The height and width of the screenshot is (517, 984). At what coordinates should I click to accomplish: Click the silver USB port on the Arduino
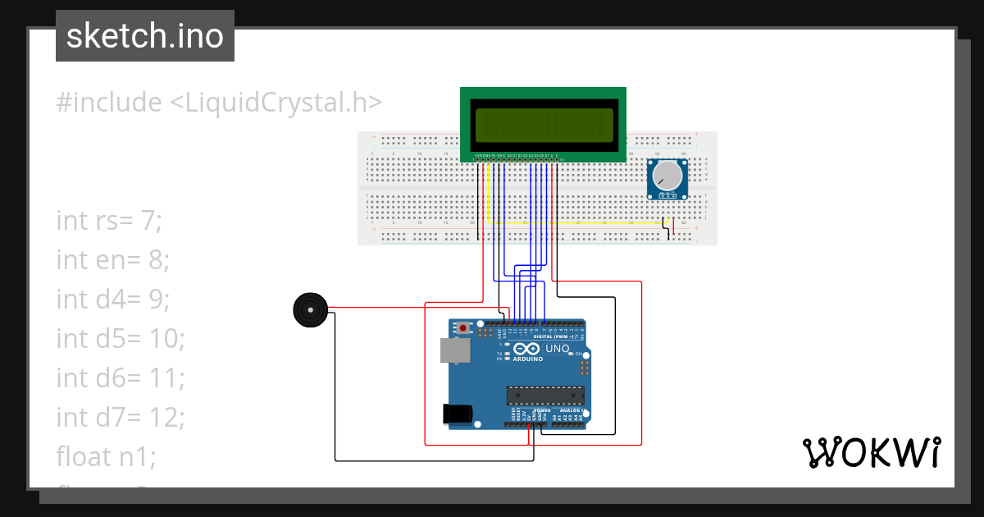pos(452,350)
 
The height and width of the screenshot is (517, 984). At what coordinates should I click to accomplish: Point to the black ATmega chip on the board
pos(545,394)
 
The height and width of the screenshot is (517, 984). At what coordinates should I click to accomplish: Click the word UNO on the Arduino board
pos(558,349)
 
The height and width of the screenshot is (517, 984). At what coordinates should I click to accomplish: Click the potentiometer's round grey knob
pos(667,175)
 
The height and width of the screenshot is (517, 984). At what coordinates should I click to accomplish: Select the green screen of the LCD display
pos(543,124)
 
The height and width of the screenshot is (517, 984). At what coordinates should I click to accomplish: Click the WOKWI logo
pos(871,452)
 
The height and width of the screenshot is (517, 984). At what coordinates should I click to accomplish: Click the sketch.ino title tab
pos(145,36)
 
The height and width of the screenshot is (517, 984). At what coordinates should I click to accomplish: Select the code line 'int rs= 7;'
pos(110,221)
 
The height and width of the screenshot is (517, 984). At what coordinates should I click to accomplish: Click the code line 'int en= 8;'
pos(112,260)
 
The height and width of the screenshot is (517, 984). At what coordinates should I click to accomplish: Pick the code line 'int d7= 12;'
pos(121,418)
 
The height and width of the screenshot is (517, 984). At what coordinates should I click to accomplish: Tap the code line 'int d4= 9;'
pos(112,300)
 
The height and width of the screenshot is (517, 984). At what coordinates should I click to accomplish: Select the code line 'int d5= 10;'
pos(121,338)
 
